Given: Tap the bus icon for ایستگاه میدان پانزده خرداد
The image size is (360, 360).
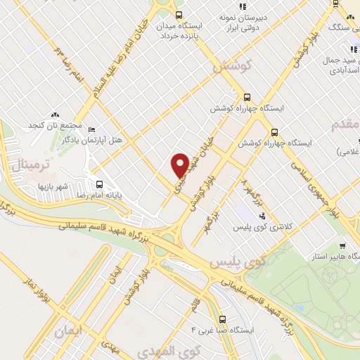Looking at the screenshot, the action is pyautogui.click(x=179, y=15).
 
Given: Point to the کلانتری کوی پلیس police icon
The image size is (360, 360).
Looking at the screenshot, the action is pyautogui.click(x=263, y=215).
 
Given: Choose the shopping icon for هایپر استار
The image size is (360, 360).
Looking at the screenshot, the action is pyautogui.click(x=342, y=245).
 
